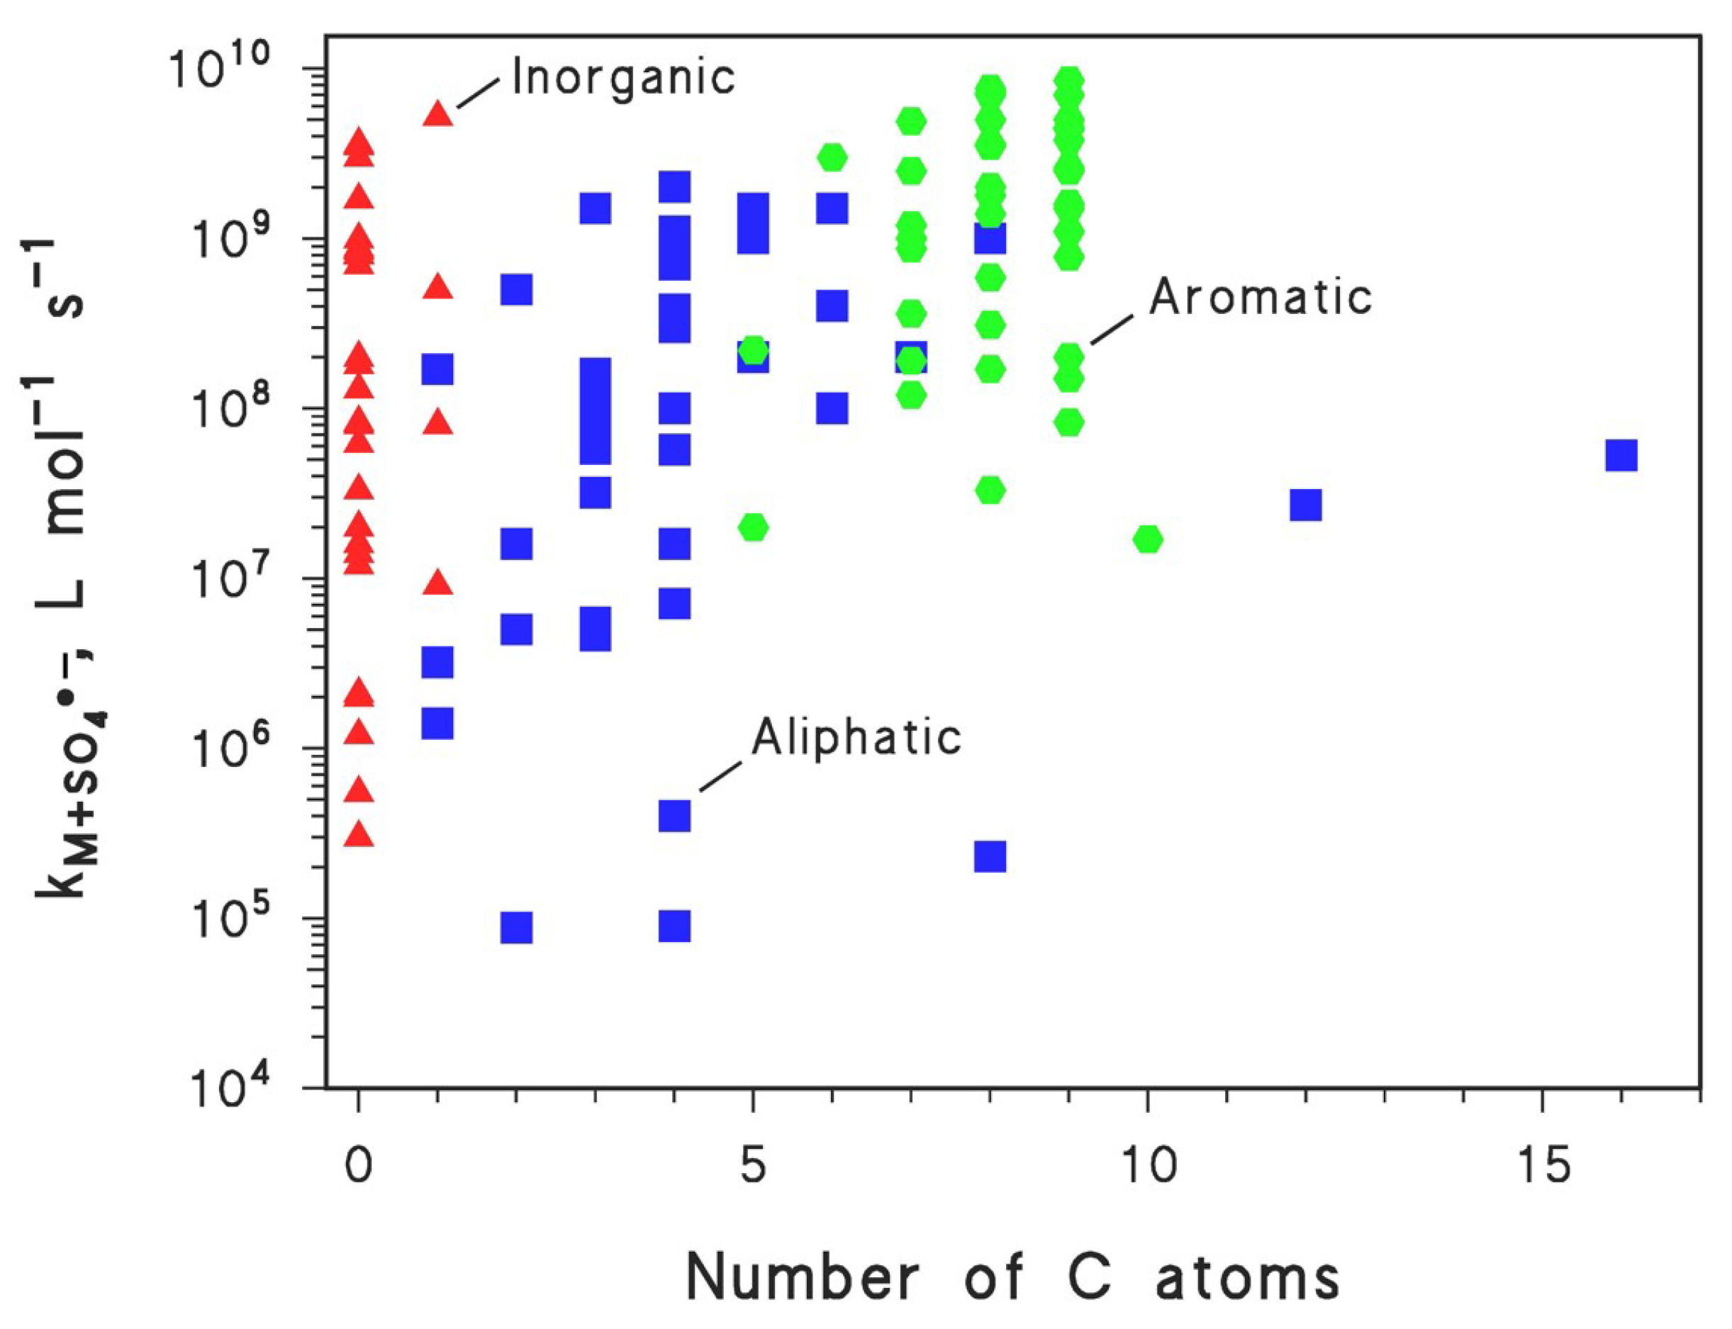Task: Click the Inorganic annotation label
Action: (623, 77)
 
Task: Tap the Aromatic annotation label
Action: (1261, 297)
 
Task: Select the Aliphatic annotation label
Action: (856, 736)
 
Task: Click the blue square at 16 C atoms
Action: (1621, 456)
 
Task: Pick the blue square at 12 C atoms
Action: (1305, 504)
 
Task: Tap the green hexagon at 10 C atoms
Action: (1147, 539)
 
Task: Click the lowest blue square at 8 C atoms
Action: (990, 856)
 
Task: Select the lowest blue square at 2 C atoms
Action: (517, 927)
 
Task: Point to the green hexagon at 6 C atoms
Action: (832, 157)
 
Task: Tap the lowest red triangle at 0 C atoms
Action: (359, 834)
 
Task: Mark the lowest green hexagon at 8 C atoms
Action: (990, 490)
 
